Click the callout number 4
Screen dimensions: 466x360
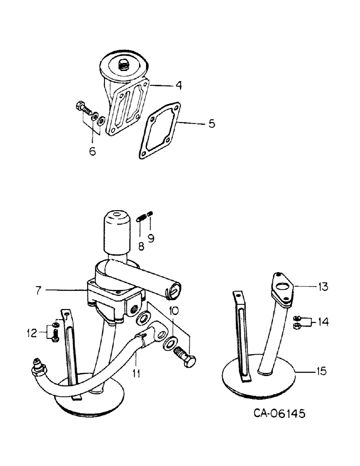[166, 86]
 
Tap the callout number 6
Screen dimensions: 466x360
[93, 151]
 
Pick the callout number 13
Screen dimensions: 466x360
[322, 288]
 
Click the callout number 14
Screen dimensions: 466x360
[323, 321]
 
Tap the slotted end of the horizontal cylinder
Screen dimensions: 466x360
[173, 290]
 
